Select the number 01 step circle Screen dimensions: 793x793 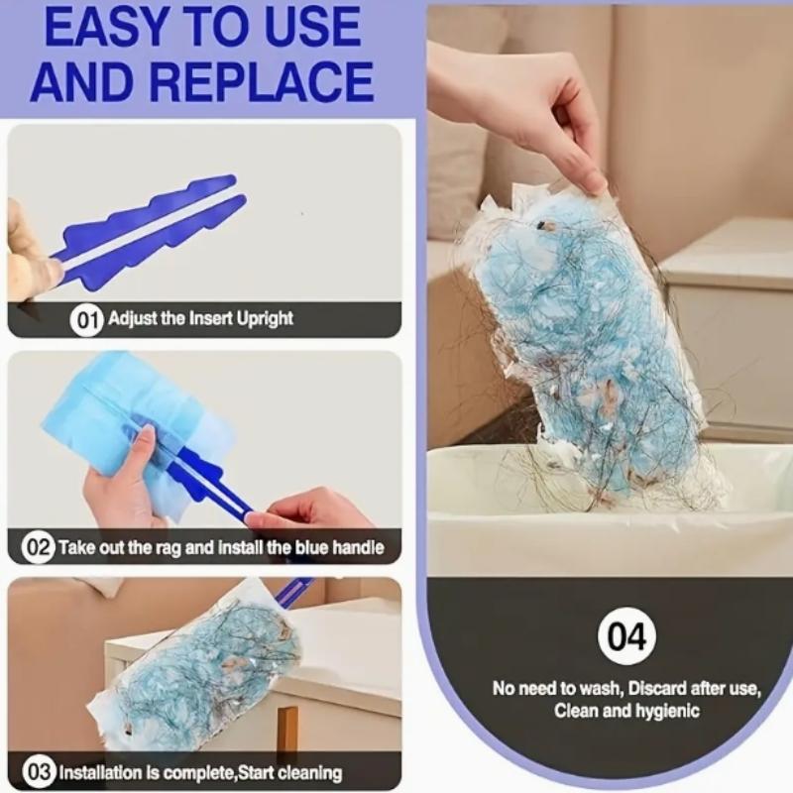pos(86,319)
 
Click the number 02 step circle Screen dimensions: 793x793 pos(37,546)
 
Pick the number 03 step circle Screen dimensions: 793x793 pos(37,772)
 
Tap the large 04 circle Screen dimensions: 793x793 pos(626,635)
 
